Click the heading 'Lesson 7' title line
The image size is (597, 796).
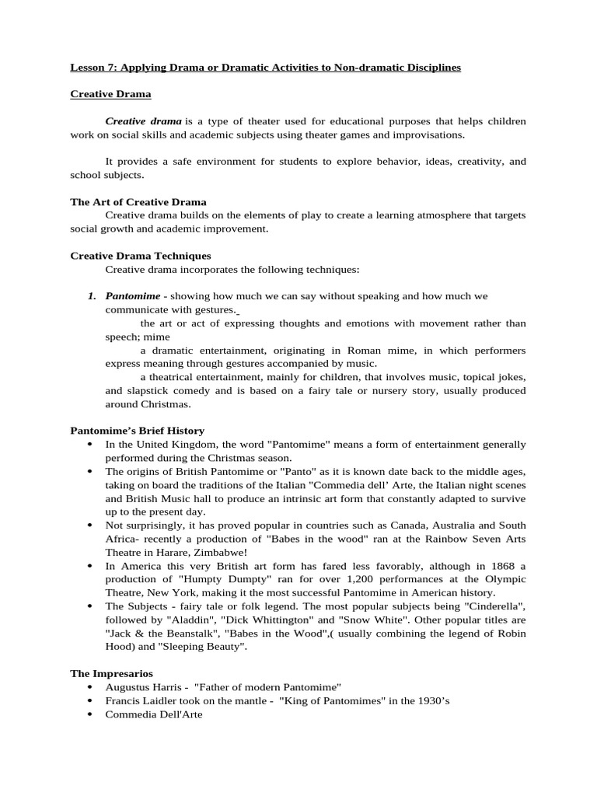265,68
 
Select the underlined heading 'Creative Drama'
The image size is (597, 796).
110,94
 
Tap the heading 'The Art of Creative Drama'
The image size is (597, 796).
138,202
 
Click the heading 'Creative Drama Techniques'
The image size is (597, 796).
141,256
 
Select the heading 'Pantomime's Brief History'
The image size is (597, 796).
138,431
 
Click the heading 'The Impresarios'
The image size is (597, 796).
111,673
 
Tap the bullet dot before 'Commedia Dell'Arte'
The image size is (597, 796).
90,714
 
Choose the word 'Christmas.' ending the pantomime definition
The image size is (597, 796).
165,404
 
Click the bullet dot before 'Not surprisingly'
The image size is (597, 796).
90,525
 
